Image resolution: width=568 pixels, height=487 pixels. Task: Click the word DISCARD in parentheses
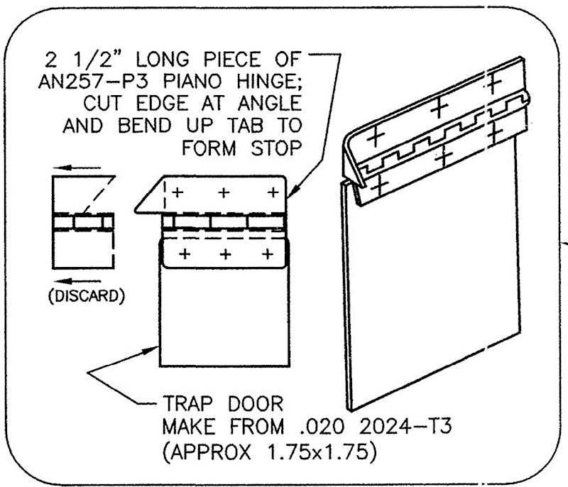point(86,296)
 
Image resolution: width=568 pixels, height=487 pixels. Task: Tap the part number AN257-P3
point(94,82)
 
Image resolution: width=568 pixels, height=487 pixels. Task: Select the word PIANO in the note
point(192,82)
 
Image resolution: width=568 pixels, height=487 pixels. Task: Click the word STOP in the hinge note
point(276,148)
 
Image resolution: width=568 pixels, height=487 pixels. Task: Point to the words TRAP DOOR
point(223,404)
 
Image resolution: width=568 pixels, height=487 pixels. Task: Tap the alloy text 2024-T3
point(405,426)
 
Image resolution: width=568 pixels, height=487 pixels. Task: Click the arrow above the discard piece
point(77,168)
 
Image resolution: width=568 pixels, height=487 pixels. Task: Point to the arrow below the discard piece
point(77,281)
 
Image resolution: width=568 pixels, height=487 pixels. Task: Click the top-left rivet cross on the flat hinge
point(177,192)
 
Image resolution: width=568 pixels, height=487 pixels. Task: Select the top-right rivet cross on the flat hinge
point(273,192)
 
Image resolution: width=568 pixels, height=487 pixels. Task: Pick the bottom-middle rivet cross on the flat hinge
point(225,254)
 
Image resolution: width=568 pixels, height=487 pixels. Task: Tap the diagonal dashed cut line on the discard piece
point(99,195)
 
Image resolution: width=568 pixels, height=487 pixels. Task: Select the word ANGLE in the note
point(270,104)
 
